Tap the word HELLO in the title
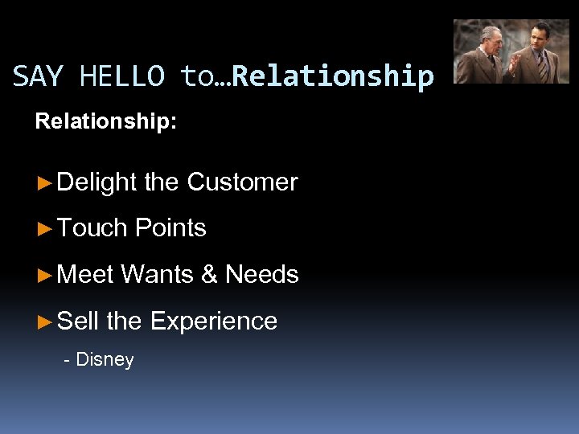click(x=123, y=76)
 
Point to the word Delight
click(x=97, y=183)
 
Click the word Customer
click(x=242, y=182)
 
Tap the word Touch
click(x=93, y=228)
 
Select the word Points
click(x=170, y=228)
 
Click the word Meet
click(x=86, y=275)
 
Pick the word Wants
click(x=158, y=275)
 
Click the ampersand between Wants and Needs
click(x=209, y=275)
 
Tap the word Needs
click(x=261, y=275)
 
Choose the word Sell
click(x=78, y=321)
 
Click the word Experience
click(x=213, y=322)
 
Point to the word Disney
click(x=105, y=359)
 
